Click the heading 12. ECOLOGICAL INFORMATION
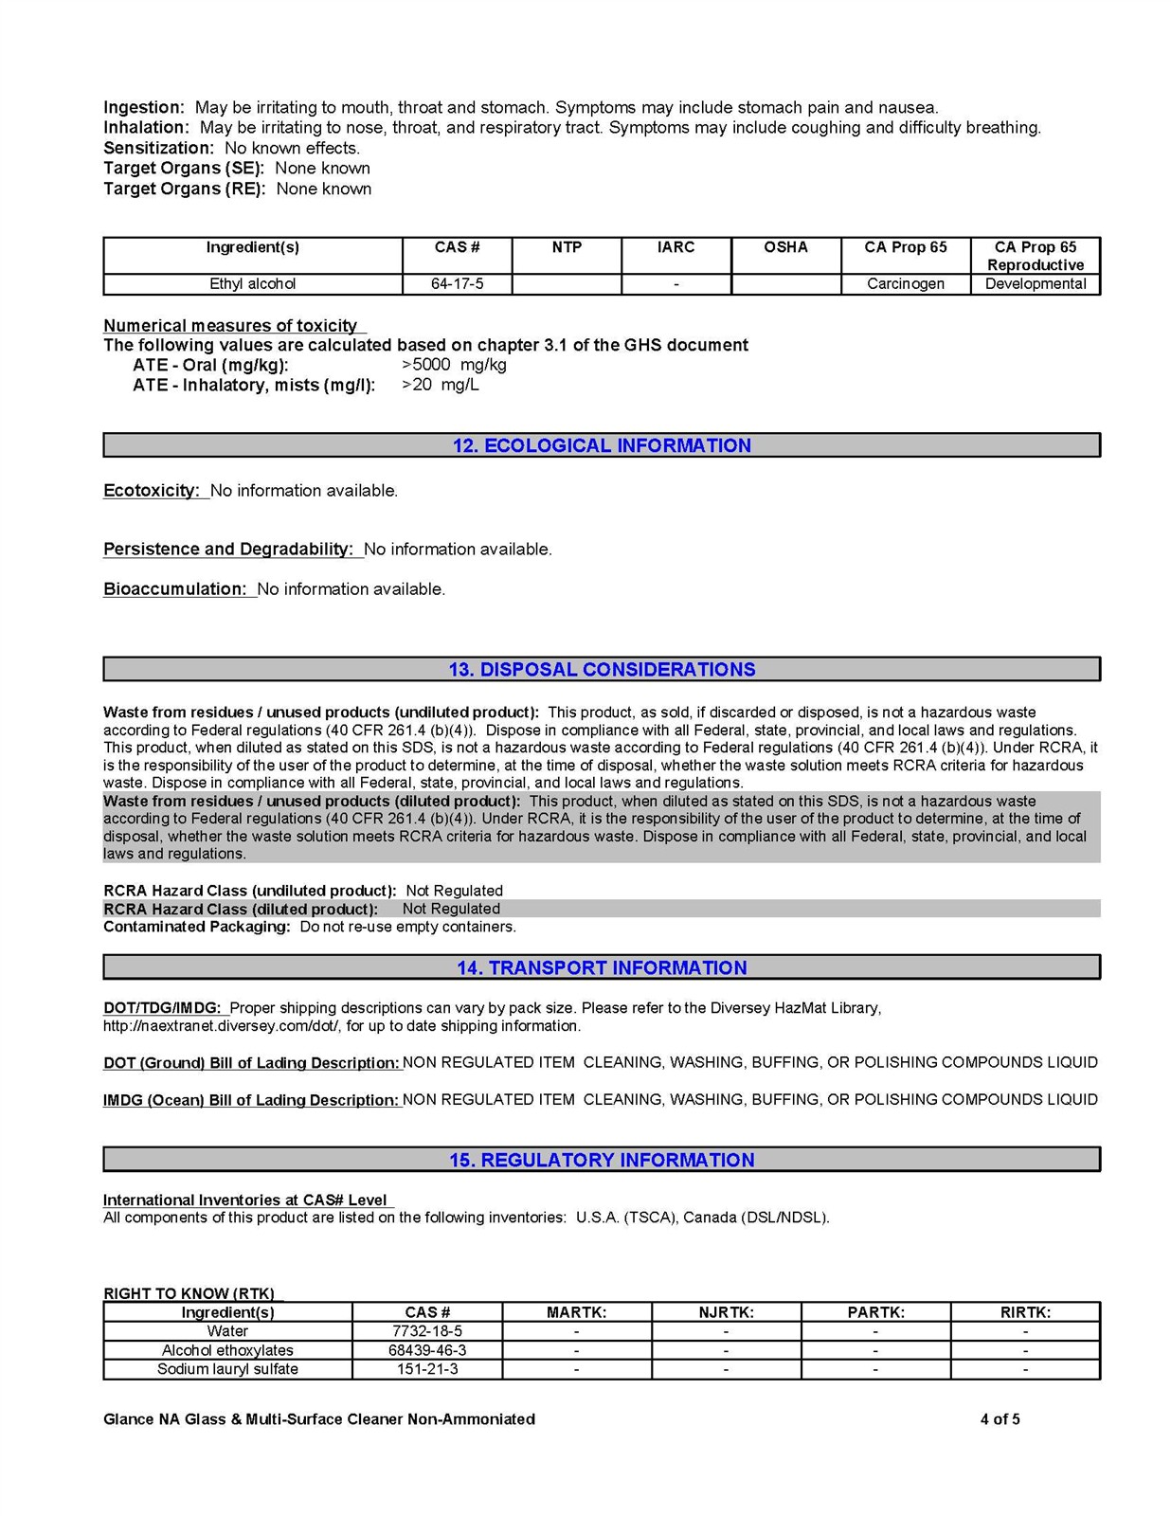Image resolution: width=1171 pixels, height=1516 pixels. click(602, 445)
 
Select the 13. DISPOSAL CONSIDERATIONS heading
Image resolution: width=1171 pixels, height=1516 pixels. click(602, 670)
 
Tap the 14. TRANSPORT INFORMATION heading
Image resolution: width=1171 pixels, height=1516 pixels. click(602, 967)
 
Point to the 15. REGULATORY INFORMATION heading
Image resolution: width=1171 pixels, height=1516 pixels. click(602, 1160)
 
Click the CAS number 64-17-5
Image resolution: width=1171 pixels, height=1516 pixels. click(457, 284)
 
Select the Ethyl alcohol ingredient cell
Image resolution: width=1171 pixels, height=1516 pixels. click(253, 284)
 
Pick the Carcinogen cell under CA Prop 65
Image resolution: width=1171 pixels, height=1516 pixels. click(905, 284)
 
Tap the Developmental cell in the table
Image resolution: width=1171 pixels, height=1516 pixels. click(1036, 284)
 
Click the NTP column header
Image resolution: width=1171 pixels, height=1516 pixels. click(567, 247)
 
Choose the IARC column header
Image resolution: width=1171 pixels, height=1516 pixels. click(676, 247)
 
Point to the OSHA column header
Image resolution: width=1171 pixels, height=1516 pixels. click(785, 247)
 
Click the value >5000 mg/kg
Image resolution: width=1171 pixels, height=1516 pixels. click(454, 365)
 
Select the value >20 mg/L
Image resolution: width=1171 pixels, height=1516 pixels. click(441, 385)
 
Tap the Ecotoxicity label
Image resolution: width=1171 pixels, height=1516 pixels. click(152, 491)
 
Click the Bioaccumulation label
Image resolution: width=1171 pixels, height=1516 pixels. click(175, 589)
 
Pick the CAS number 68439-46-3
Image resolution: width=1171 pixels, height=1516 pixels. click(427, 1350)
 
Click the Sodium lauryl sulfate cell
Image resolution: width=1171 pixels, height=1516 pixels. click(227, 1369)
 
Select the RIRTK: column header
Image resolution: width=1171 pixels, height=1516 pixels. click(1025, 1312)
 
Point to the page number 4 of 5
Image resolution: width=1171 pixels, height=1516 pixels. click(1000, 1419)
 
